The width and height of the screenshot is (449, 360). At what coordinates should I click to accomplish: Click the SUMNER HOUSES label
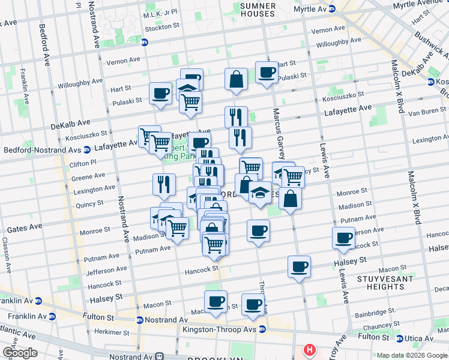[258, 10]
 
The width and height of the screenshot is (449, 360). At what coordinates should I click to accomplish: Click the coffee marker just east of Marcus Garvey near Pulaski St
[267, 73]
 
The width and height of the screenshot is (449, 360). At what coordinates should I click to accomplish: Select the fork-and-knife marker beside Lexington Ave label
[164, 185]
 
